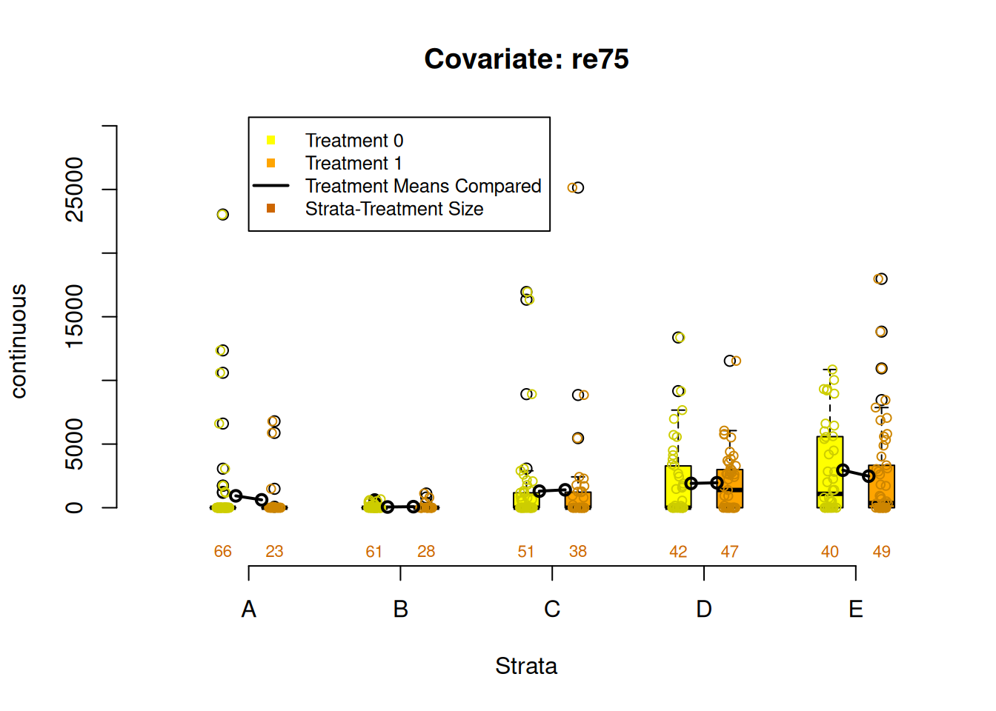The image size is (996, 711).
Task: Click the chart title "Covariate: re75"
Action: pyautogui.click(x=526, y=59)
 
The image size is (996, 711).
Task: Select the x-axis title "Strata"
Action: pyautogui.click(x=525, y=666)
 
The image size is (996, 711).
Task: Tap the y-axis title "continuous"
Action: pyautogui.click(x=19, y=341)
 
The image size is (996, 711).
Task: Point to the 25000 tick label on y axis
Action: pyautogui.click(x=74, y=190)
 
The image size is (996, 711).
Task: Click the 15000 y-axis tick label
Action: pyautogui.click(x=74, y=316)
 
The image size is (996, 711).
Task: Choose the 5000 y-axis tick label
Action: pyautogui.click(x=74, y=444)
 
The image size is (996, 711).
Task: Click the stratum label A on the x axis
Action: pyautogui.click(x=249, y=609)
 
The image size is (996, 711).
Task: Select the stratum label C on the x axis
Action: pyautogui.click(x=552, y=609)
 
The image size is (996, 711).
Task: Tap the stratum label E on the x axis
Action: pyautogui.click(x=855, y=609)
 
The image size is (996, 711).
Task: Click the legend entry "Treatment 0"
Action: pyautogui.click(x=353, y=141)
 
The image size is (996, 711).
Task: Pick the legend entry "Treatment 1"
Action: pyautogui.click(x=353, y=163)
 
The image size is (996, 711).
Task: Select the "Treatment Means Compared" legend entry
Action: pyautogui.click(x=422, y=186)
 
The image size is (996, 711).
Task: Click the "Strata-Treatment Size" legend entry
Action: pyautogui.click(x=394, y=209)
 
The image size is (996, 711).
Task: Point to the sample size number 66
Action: pyautogui.click(x=223, y=551)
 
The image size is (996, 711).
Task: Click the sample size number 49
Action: pyautogui.click(x=881, y=551)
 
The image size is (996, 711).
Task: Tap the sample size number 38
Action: pyautogui.click(x=578, y=551)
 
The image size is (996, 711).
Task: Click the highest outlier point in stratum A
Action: pyautogui.click(x=223, y=214)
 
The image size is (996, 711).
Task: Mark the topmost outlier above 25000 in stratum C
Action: pyautogui.click(x=577, y=188)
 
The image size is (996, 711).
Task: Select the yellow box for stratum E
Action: pyautogui.click(x=830, y=472)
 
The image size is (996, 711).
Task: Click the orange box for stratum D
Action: pyautogui.click(x=730, y=489)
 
